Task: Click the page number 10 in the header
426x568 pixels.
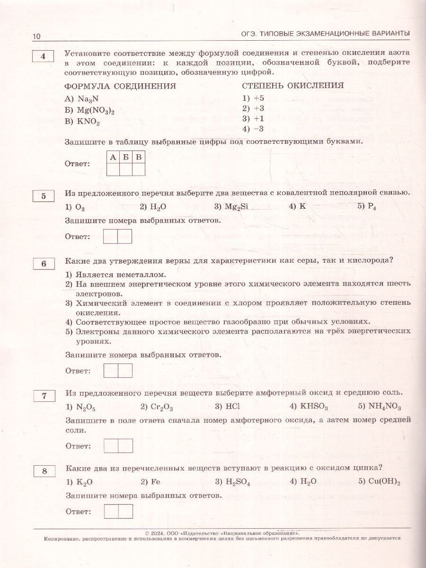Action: tap(37, 36)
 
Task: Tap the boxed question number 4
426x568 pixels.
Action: tap(44, 57)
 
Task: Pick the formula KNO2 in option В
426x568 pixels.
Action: tap(89, 122)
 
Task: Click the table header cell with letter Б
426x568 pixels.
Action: tap(125, 157)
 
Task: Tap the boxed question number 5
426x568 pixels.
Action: tap(44, 195)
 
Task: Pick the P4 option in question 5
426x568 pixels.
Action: tap(373, 207)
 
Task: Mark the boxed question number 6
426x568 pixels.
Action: tap(44, 264)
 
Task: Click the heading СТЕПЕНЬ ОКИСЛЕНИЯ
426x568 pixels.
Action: tap(293, 86)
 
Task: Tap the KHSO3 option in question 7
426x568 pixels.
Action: tap(315, 407)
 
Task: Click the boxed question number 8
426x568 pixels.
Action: tap(44, 470)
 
